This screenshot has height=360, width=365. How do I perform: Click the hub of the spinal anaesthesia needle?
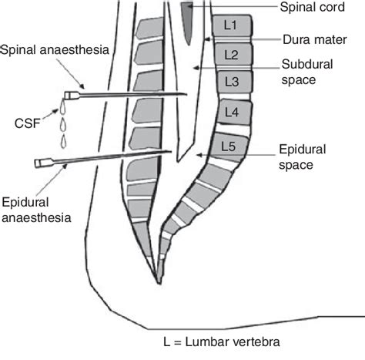click(x=71, y=96)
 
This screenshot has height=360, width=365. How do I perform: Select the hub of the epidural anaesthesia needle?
click(x=39, y=163)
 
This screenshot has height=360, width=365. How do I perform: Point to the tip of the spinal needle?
click(x=187, y=94)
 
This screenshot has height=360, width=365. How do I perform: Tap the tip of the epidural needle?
click(x=170, y=153)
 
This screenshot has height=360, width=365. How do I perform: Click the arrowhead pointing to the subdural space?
click(x=199, y=69)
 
